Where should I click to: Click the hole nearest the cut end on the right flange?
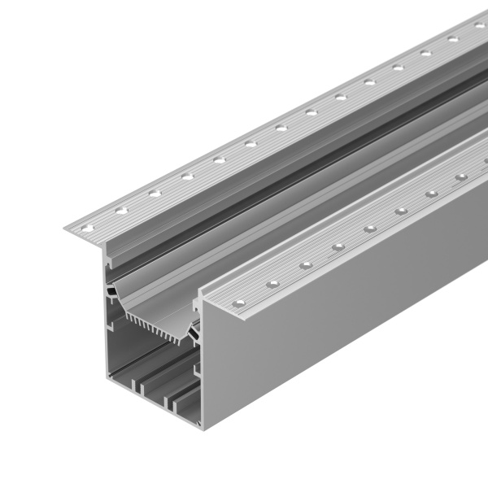(x=238, y=304)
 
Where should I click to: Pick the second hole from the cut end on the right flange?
(x=274, y=284)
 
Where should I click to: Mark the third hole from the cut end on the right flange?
(x=306, y=265)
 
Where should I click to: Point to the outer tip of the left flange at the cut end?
(x=65, y=229)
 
